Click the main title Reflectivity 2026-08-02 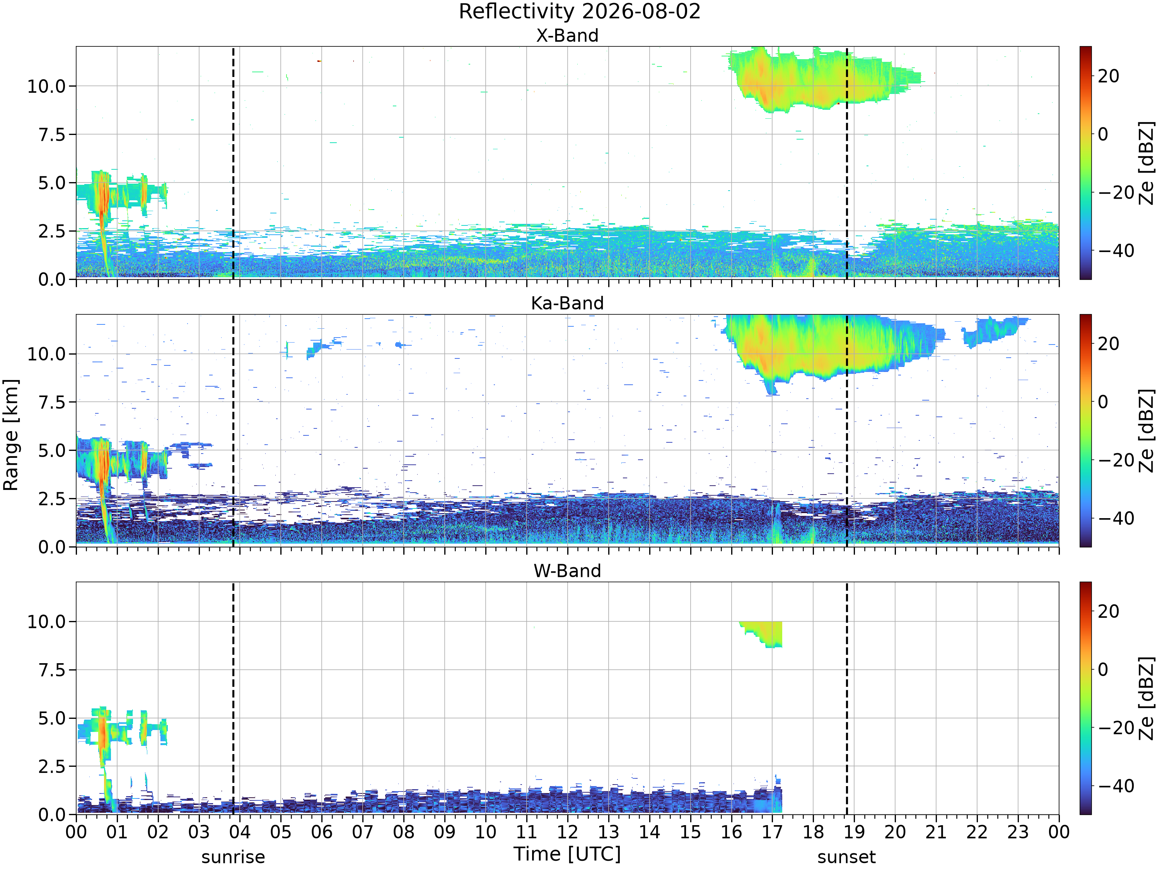580,12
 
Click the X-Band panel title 567,36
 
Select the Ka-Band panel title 567,303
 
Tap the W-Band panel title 567,571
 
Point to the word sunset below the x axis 846,857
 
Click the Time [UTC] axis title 567,854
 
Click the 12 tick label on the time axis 567,832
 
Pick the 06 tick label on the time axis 321,832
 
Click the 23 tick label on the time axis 1017,832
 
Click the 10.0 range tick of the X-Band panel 47,86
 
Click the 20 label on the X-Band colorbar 1109,76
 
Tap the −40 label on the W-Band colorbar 1116,786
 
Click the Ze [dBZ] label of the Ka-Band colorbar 1146,430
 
